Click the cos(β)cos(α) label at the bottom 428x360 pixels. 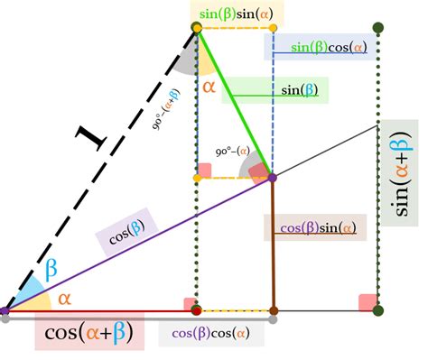(x=212, y=333)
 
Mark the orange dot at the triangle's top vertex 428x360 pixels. (x=197, y=30)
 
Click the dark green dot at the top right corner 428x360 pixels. (x=377, y=30)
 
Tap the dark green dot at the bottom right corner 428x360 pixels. (x=377, y=311)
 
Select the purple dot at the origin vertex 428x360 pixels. (x=5, y=311)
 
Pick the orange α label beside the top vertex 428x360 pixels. (x=209, y=88)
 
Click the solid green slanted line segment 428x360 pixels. (x=235, y=104)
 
